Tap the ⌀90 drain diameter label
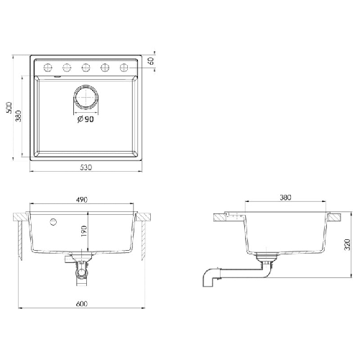tap(86, 119)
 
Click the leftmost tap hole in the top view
tap(48, 68)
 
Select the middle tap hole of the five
tap(86, 68)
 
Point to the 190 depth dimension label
tap(83, 231)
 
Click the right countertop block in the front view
tap(144, 215)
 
